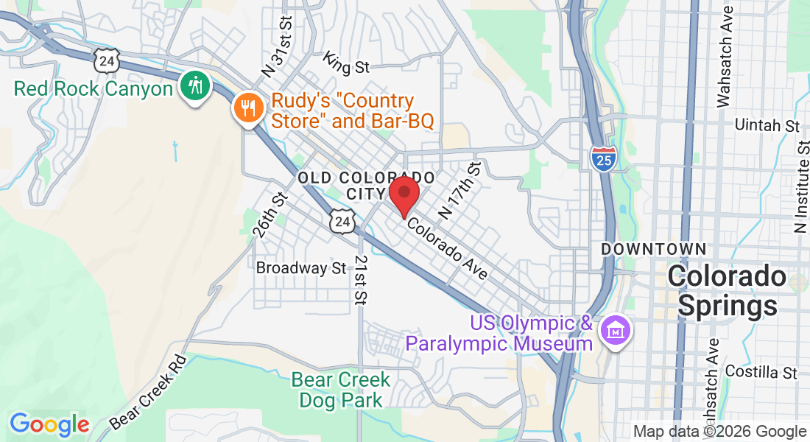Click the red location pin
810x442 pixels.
[404, 194]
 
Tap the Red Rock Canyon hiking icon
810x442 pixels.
[195, 86]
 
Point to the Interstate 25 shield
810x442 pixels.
[603, 158]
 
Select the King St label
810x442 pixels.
[346, 64]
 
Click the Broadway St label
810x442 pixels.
[300, 268]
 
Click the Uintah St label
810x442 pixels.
[767, 125]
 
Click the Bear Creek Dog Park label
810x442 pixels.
[341, 390]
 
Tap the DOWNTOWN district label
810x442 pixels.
[653, 250]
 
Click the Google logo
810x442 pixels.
[49, 424]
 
